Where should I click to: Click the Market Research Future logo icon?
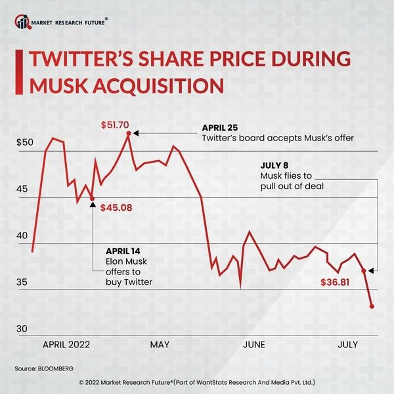coord(23,23)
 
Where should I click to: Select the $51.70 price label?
coord(115,124)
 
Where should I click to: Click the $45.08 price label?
coord(116,208)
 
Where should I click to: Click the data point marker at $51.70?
coord(129,133)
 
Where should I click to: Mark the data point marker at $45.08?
coord(92,198)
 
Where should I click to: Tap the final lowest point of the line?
coord(372,306)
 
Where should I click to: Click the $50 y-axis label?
coord(24,142)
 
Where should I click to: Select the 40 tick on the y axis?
coord(24,236)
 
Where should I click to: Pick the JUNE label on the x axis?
coord(253,344)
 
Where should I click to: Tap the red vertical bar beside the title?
coord(17,73)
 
